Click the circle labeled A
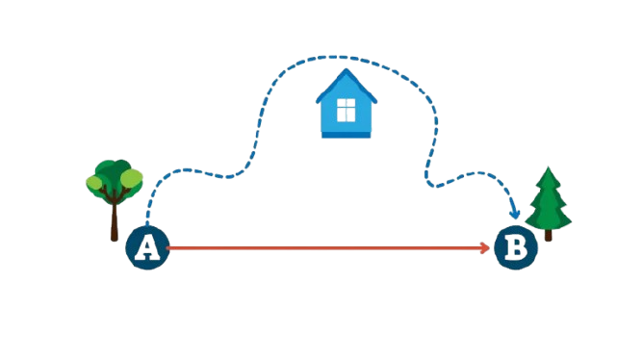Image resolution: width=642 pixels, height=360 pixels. tap(147, 247)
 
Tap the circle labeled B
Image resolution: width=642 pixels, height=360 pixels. tap(516, 247)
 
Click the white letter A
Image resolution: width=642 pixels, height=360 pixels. tap(147, 248)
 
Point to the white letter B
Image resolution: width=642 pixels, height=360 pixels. tap(516, 248)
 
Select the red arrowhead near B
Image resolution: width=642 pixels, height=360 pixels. tap(485, 247)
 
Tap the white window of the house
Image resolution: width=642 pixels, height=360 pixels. tap(346, 110)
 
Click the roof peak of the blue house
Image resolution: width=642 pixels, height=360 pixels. tap(347, 68)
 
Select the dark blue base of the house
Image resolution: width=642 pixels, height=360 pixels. tap(346, 135)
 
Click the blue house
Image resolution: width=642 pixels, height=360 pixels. tap(346, 103)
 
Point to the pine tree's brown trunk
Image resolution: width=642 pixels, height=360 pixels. tap(549, 235)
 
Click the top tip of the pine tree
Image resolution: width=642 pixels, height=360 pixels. tap(549, 167)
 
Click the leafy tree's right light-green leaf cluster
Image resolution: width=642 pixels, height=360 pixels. tap(132, 178)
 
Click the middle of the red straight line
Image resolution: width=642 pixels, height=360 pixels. tap(327, 247)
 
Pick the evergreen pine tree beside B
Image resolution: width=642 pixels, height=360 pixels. tap(549, 203)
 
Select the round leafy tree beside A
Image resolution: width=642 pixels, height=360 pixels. tap(115, 200)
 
